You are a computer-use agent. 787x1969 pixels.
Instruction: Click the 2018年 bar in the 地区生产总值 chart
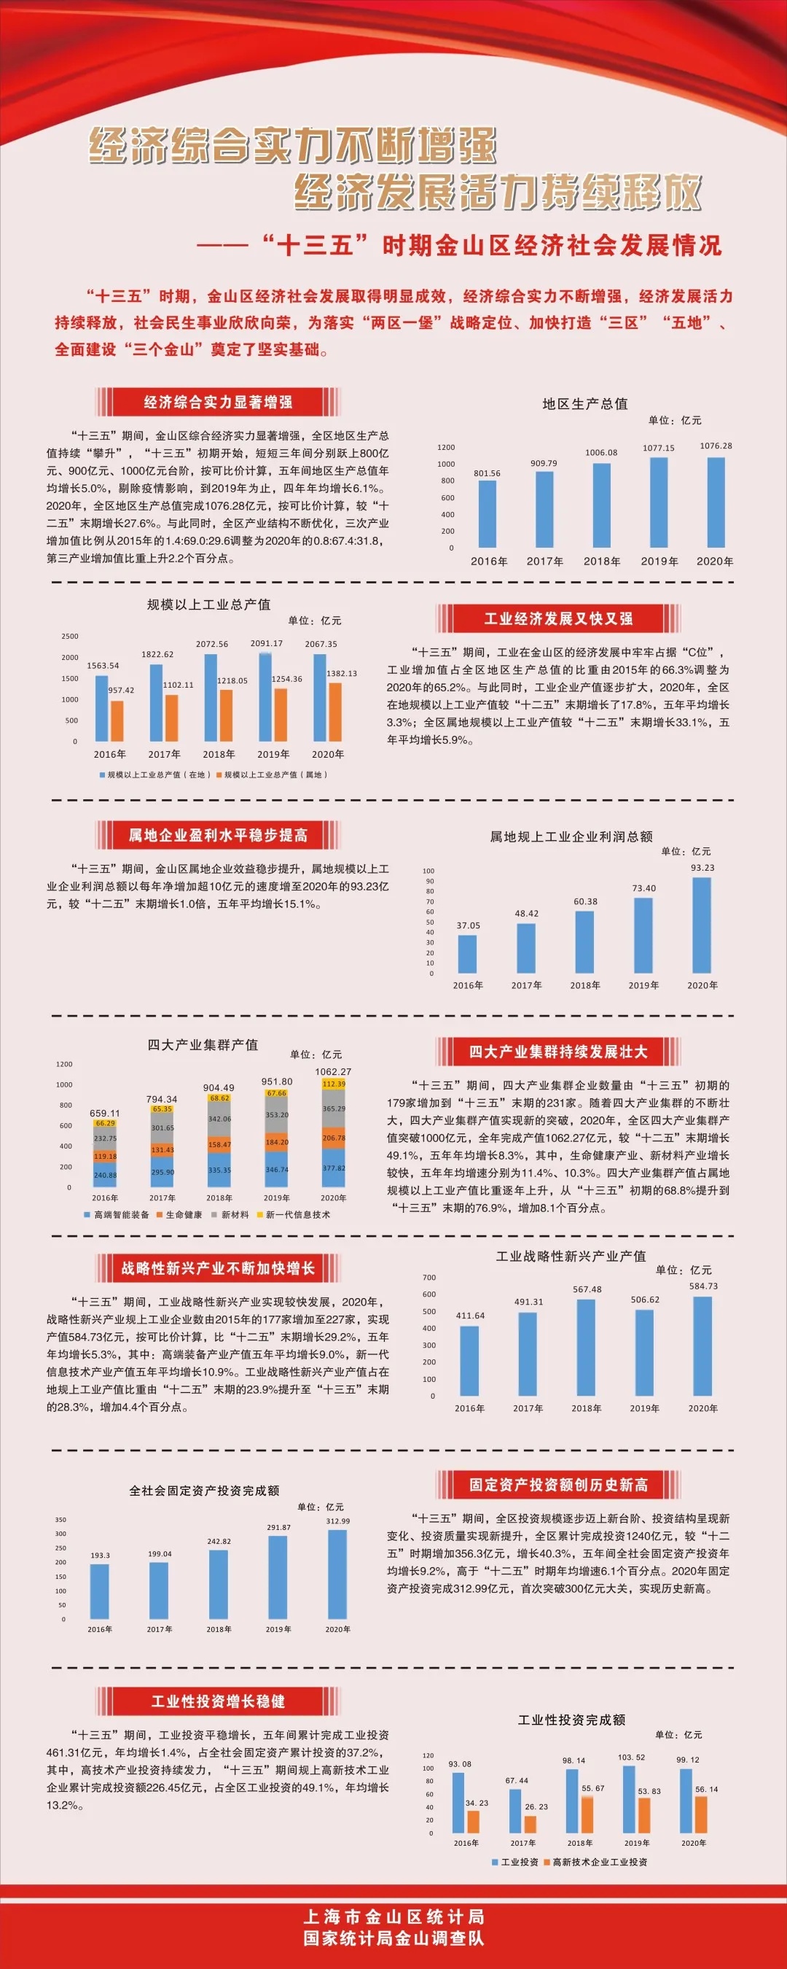pyautogui.click(x=602, y=505)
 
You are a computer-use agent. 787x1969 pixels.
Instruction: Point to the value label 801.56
pyautogui.click(x=487, y=473)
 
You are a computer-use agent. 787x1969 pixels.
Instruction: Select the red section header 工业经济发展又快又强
pyautogui.click(x=558, y=618)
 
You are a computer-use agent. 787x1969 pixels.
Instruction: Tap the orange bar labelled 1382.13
pyautogui.click(x=334, y=712)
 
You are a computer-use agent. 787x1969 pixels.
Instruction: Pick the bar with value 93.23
pyautogui.click(x=702, y=925)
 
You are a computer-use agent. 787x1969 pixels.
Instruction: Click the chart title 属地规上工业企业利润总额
pyautogui.click(x=571, y=836)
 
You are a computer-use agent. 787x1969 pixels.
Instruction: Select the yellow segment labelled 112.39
pyautogui.click(x=334, y=1084)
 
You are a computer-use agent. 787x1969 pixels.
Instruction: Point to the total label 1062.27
pyautogui.click(x=333, y=1071)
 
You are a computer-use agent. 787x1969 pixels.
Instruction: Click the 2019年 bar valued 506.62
pyautogui.click(x=645, y=1353)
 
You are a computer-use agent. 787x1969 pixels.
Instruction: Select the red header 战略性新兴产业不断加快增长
pyautogui.click(x=218, y=1268)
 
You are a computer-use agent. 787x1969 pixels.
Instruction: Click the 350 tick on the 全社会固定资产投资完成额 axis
pyautogui.click(x=60, y=1520)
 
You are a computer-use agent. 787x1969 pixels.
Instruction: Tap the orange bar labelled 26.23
pyautogui.click(x=530, y=1825)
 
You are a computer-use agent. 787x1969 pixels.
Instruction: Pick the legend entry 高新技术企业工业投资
pyautogui.click(x=600, y=1862)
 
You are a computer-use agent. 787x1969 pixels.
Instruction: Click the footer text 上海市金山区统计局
pyautogui.click(x=393, y=1916)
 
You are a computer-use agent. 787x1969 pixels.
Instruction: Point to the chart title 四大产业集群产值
pyautogui.click(x=203, y=1044)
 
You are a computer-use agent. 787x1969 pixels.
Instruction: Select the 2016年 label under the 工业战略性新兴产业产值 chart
pyautogui.click(x=469, y=1408)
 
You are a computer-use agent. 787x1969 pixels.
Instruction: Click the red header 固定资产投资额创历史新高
pyautogui.click(x=558, y=1484)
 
